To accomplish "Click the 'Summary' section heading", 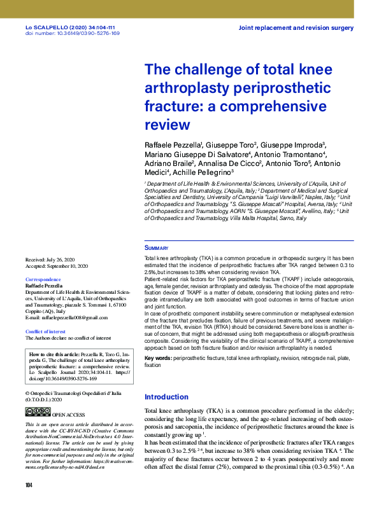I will click(x=156, y=248).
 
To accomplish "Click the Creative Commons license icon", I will click(x=33, y=412).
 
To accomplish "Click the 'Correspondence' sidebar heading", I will click(x=43, y=280).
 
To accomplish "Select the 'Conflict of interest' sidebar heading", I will click(x=45, y=331).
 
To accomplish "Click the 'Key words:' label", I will click(x=158, y=359).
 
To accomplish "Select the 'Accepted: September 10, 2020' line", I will click(x=57, y=266).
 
